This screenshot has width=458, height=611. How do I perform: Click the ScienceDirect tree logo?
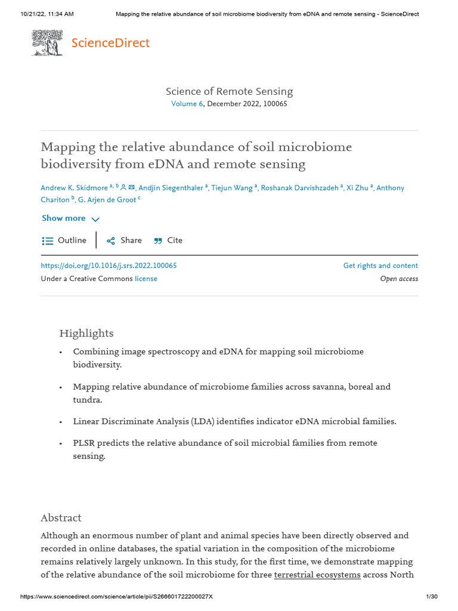point(48,44)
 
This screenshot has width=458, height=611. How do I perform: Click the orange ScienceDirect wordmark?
point(110,43)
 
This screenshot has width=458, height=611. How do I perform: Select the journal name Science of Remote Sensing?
point(229,91)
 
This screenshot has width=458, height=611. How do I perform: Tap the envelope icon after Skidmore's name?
point(131,187)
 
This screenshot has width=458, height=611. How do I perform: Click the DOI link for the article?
point(109,266)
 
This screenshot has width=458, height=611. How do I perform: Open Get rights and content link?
point(380,266)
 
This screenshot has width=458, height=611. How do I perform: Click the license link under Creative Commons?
point(146,279)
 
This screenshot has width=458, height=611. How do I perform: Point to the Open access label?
point(399,279)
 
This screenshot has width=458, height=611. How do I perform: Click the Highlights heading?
point(86,333)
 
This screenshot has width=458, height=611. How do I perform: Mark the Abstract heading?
point(61,517)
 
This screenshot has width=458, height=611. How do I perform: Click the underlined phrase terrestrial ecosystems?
point(317,575)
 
